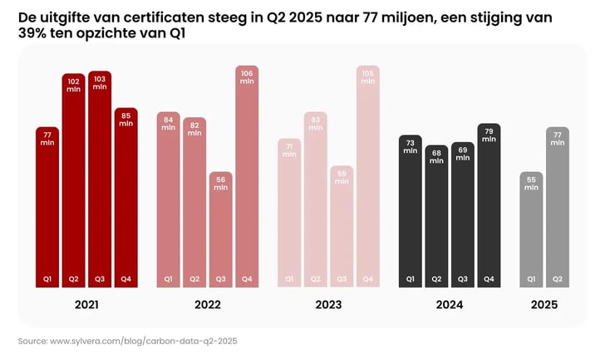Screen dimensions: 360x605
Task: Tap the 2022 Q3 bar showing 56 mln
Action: click(220, 229)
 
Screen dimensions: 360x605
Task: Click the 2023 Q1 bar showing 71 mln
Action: click(288, 213)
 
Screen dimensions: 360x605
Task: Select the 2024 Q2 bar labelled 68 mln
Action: click(436, 216)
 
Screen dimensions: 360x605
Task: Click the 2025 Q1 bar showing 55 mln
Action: click(531, 229)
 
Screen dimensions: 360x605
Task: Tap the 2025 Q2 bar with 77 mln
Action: click(558, 207)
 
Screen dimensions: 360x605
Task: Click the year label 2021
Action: click(86, 305)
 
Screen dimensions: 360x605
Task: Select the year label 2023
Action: click(328, 305)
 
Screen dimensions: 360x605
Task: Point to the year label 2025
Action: click(544, 305)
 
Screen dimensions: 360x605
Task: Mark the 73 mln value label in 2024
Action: click(410, 146)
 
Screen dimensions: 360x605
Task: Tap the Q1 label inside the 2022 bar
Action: click(168, 279)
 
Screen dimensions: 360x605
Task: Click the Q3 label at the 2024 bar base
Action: click(462, 279)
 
